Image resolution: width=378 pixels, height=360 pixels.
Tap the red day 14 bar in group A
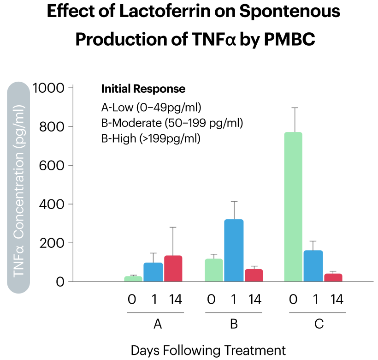(173, 269)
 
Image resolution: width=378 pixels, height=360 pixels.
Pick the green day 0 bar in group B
(214, 270)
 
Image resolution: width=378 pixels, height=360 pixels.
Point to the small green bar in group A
(133, 279)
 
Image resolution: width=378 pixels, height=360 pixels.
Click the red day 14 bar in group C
(333, 277)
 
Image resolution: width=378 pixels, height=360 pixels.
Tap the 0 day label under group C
(293, 300)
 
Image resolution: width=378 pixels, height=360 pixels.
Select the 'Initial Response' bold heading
(143, 89)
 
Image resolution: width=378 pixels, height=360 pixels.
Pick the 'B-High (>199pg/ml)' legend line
(151, 138)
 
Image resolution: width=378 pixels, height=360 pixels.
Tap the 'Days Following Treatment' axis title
(208, 349)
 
